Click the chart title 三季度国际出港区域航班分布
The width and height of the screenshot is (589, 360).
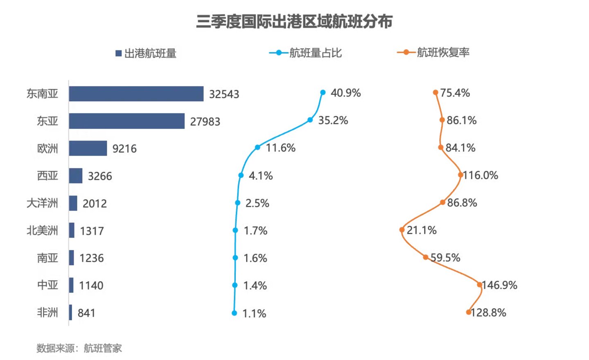pos(294,22)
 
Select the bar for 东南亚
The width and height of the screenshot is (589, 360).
pos(136,94)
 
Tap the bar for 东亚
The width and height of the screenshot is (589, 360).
pos(126,121)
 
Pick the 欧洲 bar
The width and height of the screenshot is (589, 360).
pos(88,148)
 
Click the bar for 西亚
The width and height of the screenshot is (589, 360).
pos(75,176)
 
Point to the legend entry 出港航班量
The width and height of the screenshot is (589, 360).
pos(146,53)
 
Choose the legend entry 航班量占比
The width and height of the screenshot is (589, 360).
pos(305,53)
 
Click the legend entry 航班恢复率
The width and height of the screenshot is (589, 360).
pos(433,52)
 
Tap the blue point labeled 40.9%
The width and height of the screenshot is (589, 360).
pos(323,93)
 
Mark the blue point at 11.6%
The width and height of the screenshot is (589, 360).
pos(257,147)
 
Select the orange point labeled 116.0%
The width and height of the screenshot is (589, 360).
pos(460,175)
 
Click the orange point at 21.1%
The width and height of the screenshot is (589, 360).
pos(402,230)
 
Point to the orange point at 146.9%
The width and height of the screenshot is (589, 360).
pos(479,285)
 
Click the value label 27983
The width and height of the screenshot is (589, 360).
pos(205,122)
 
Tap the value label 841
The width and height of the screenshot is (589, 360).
pos(86,313)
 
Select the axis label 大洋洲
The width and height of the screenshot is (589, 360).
pos(42,203)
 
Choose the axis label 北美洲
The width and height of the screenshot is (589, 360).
pos(42,231)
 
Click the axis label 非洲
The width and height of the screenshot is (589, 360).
pos(47,312)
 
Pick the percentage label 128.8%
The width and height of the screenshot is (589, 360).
pos(489,313)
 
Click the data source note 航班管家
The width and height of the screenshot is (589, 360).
pos(103,349)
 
